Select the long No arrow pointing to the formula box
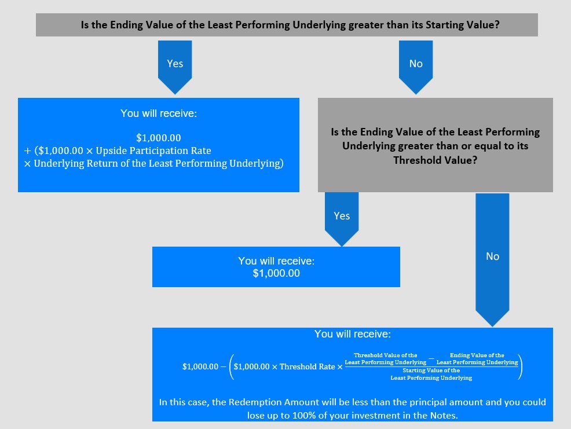point(492,259)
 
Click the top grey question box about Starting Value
point(287,25)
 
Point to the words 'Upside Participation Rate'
point(153,151)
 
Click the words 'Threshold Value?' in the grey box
point(435,160)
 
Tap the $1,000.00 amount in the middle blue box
point(276,273)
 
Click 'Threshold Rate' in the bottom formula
point(308,366)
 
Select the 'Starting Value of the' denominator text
point(431,371)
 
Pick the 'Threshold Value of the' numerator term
point(386,355)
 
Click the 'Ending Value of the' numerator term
point(477,355)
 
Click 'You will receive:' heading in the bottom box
point(353,334)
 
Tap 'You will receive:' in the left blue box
point(159,113)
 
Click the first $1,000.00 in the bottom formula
point(200,366)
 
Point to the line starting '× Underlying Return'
point(153,163)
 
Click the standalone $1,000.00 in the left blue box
point(159,138)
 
